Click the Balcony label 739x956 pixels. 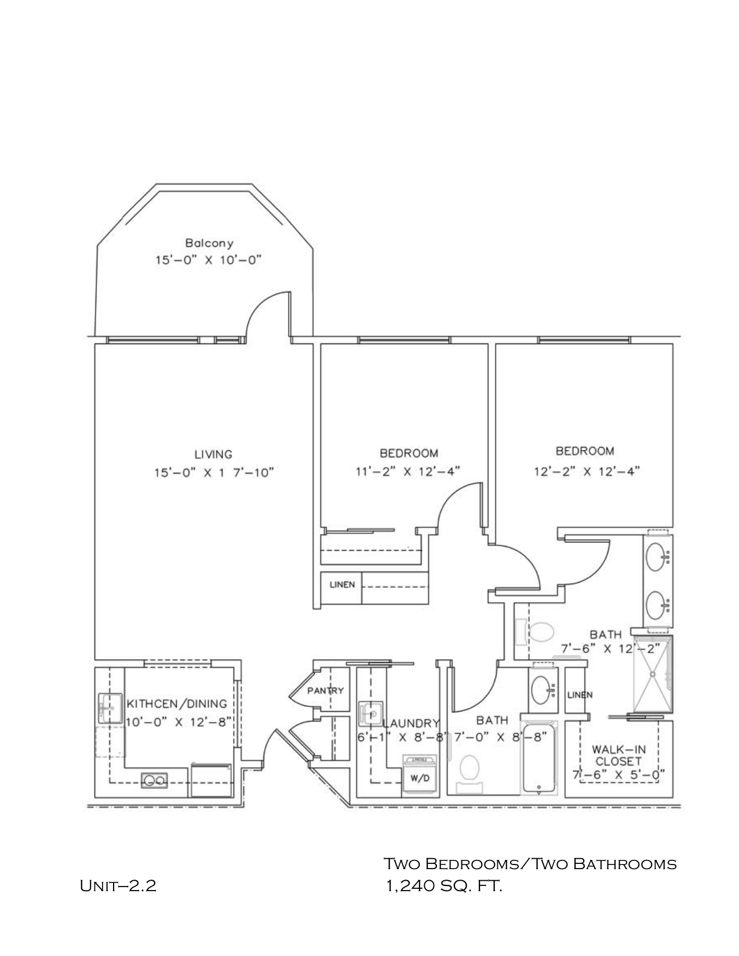[x=209, y=243]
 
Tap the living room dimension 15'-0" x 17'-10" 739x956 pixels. [x=213, y=472]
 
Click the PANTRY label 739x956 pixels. [x=325, y=690]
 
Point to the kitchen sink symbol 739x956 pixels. [x=109, y=708]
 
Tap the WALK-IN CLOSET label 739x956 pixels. [x=618, y=755]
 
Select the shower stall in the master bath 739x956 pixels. [x=653, y=674]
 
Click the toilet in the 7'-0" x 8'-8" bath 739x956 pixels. [x=469, y=769]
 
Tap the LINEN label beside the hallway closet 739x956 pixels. [x=342, y=584]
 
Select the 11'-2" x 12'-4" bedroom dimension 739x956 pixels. [x=408, y=471]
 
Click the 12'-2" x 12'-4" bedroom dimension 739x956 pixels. [x=586, y=471]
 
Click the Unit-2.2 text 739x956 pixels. [x=118, y=886]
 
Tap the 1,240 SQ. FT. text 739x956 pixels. [x=444, y=885]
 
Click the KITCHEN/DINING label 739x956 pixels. [x=177, y=704]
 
